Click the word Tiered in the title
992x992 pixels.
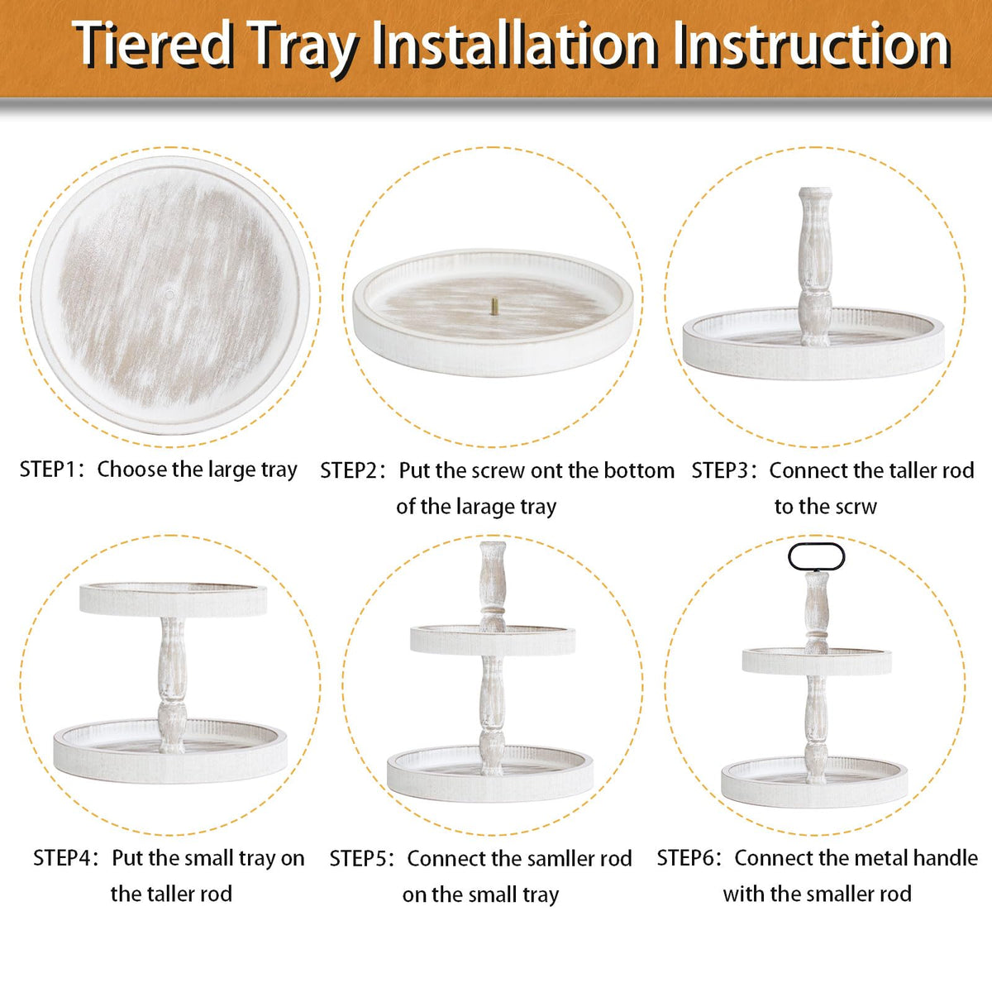[x=153, y=45]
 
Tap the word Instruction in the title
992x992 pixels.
[x=812, y=45]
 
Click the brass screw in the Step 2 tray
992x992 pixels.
[x=494, y=307]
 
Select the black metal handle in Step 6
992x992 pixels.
[x=816, y=556]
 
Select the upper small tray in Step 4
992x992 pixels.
[x=173, y=599]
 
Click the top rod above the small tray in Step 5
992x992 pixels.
[x=493, y=586]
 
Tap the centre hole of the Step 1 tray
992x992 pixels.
[x=170, y=293]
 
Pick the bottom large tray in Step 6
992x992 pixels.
[x=814, y=782]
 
